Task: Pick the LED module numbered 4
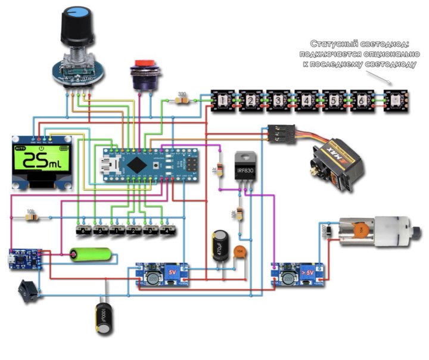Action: click(306, 100)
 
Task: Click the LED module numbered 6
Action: click(361, 100)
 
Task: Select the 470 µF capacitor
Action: click(219, 249)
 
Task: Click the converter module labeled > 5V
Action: click(298, 275)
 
